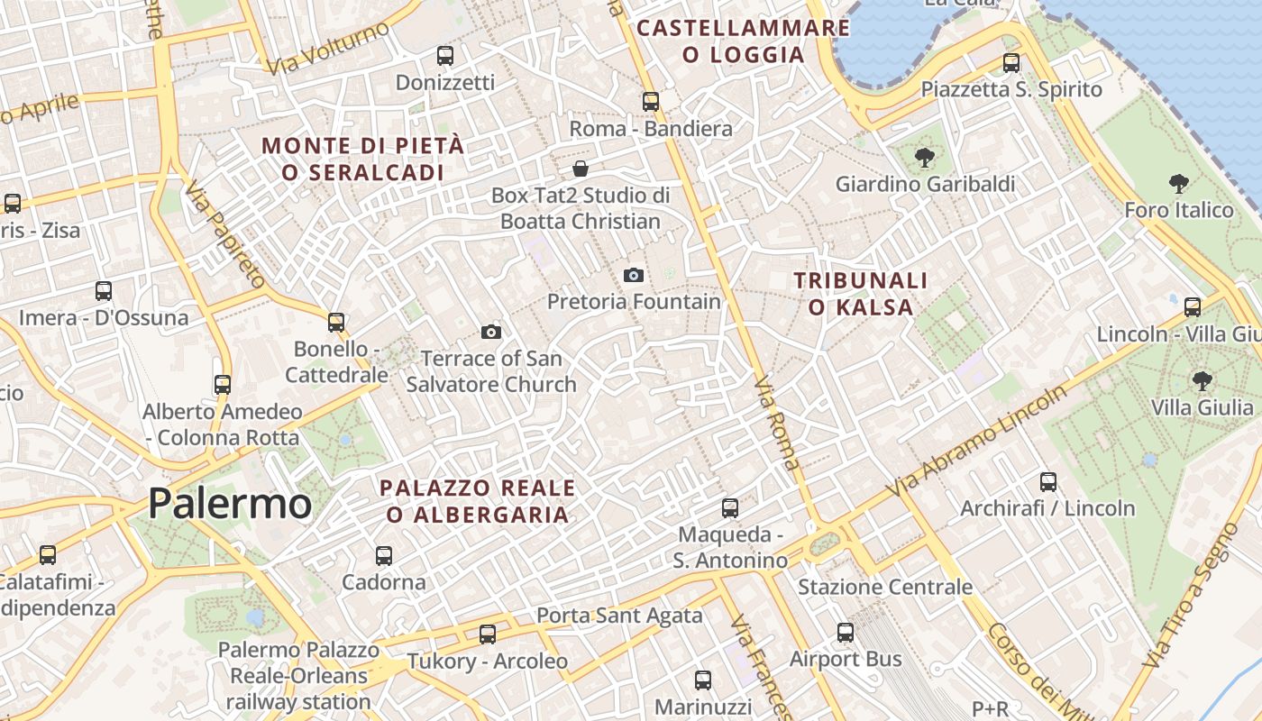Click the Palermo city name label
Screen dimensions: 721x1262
(230, 503)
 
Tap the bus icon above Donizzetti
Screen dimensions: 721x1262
(445, 55)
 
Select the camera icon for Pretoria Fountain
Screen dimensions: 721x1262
(634, 275)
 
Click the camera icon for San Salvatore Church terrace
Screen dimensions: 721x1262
(490, 332)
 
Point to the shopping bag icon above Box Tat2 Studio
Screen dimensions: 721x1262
(581, 169)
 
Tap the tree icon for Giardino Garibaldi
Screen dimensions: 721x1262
(924, 159)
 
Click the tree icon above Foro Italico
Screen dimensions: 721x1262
(1178, 185)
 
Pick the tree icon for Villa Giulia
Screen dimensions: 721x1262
(1202, 380)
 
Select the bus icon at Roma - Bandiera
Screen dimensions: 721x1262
(651, 102)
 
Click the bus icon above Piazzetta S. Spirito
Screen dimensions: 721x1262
(1011, 63)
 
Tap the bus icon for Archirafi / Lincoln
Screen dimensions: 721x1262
(1047, 482)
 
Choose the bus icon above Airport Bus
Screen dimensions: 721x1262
(845, 633)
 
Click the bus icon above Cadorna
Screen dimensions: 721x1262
(384, 556)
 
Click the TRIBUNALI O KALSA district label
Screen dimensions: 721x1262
(860, 294)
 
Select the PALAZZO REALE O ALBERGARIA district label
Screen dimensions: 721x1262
(478, 501)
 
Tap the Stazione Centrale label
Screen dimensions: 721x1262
(885, 588)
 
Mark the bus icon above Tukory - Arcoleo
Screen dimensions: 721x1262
(488, 634)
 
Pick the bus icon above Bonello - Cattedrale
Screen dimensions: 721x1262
(336, 323)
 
